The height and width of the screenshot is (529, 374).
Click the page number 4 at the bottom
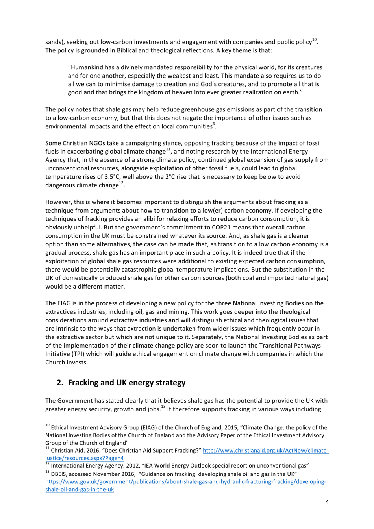click(x=327, y=502)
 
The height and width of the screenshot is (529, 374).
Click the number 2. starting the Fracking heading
click(x=60, y=383)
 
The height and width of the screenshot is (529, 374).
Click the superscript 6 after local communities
click(x=214, y=124)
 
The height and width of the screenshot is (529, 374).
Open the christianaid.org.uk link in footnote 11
click(x=265, y=450)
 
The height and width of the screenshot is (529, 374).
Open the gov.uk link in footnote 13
click(x=185, y=482)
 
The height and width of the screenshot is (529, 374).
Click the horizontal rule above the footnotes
click(x=90, y=420)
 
